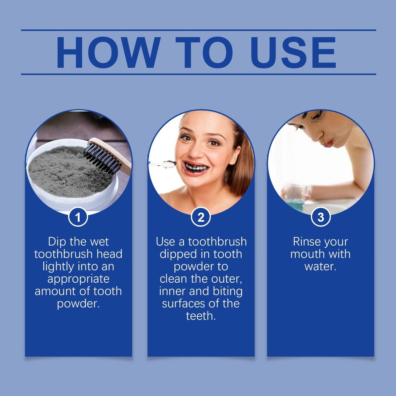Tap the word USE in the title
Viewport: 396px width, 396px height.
(x=293, y=52)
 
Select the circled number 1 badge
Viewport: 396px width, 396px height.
(x=78, y=217)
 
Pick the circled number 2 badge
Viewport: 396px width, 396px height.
(x=201, y=217)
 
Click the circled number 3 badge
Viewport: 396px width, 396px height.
(x=321, y=217)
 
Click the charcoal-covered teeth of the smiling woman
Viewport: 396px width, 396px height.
(x=196, y=167)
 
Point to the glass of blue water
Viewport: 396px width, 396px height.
(x=295, y=197)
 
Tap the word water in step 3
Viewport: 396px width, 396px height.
(x=320, y=266)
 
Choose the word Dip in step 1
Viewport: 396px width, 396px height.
(x=57, y=242)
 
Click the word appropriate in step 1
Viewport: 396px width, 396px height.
(x=78, y=279)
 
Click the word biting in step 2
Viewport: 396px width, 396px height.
(x=227, y=292)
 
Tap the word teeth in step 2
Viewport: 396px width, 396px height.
(x=201, y=316)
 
